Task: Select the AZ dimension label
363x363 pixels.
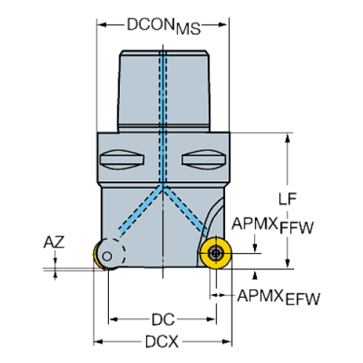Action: tap(53, 242)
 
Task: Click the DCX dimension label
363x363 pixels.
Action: tap(162, 342)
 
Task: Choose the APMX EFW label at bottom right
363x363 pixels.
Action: tap(278, 297)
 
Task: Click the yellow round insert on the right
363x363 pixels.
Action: tap(214, 253)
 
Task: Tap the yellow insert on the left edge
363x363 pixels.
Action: tap(97, 256)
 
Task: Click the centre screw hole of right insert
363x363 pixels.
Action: tap(214, 253)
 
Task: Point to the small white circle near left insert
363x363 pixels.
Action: tap(108, 257)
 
